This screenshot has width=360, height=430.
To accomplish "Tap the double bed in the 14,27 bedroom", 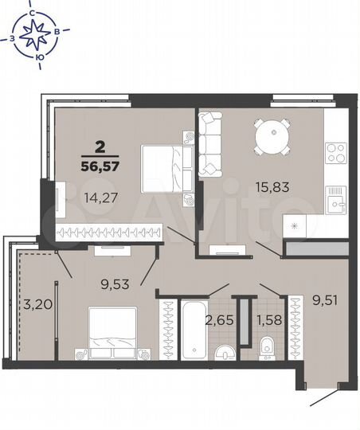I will click(164, 169).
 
